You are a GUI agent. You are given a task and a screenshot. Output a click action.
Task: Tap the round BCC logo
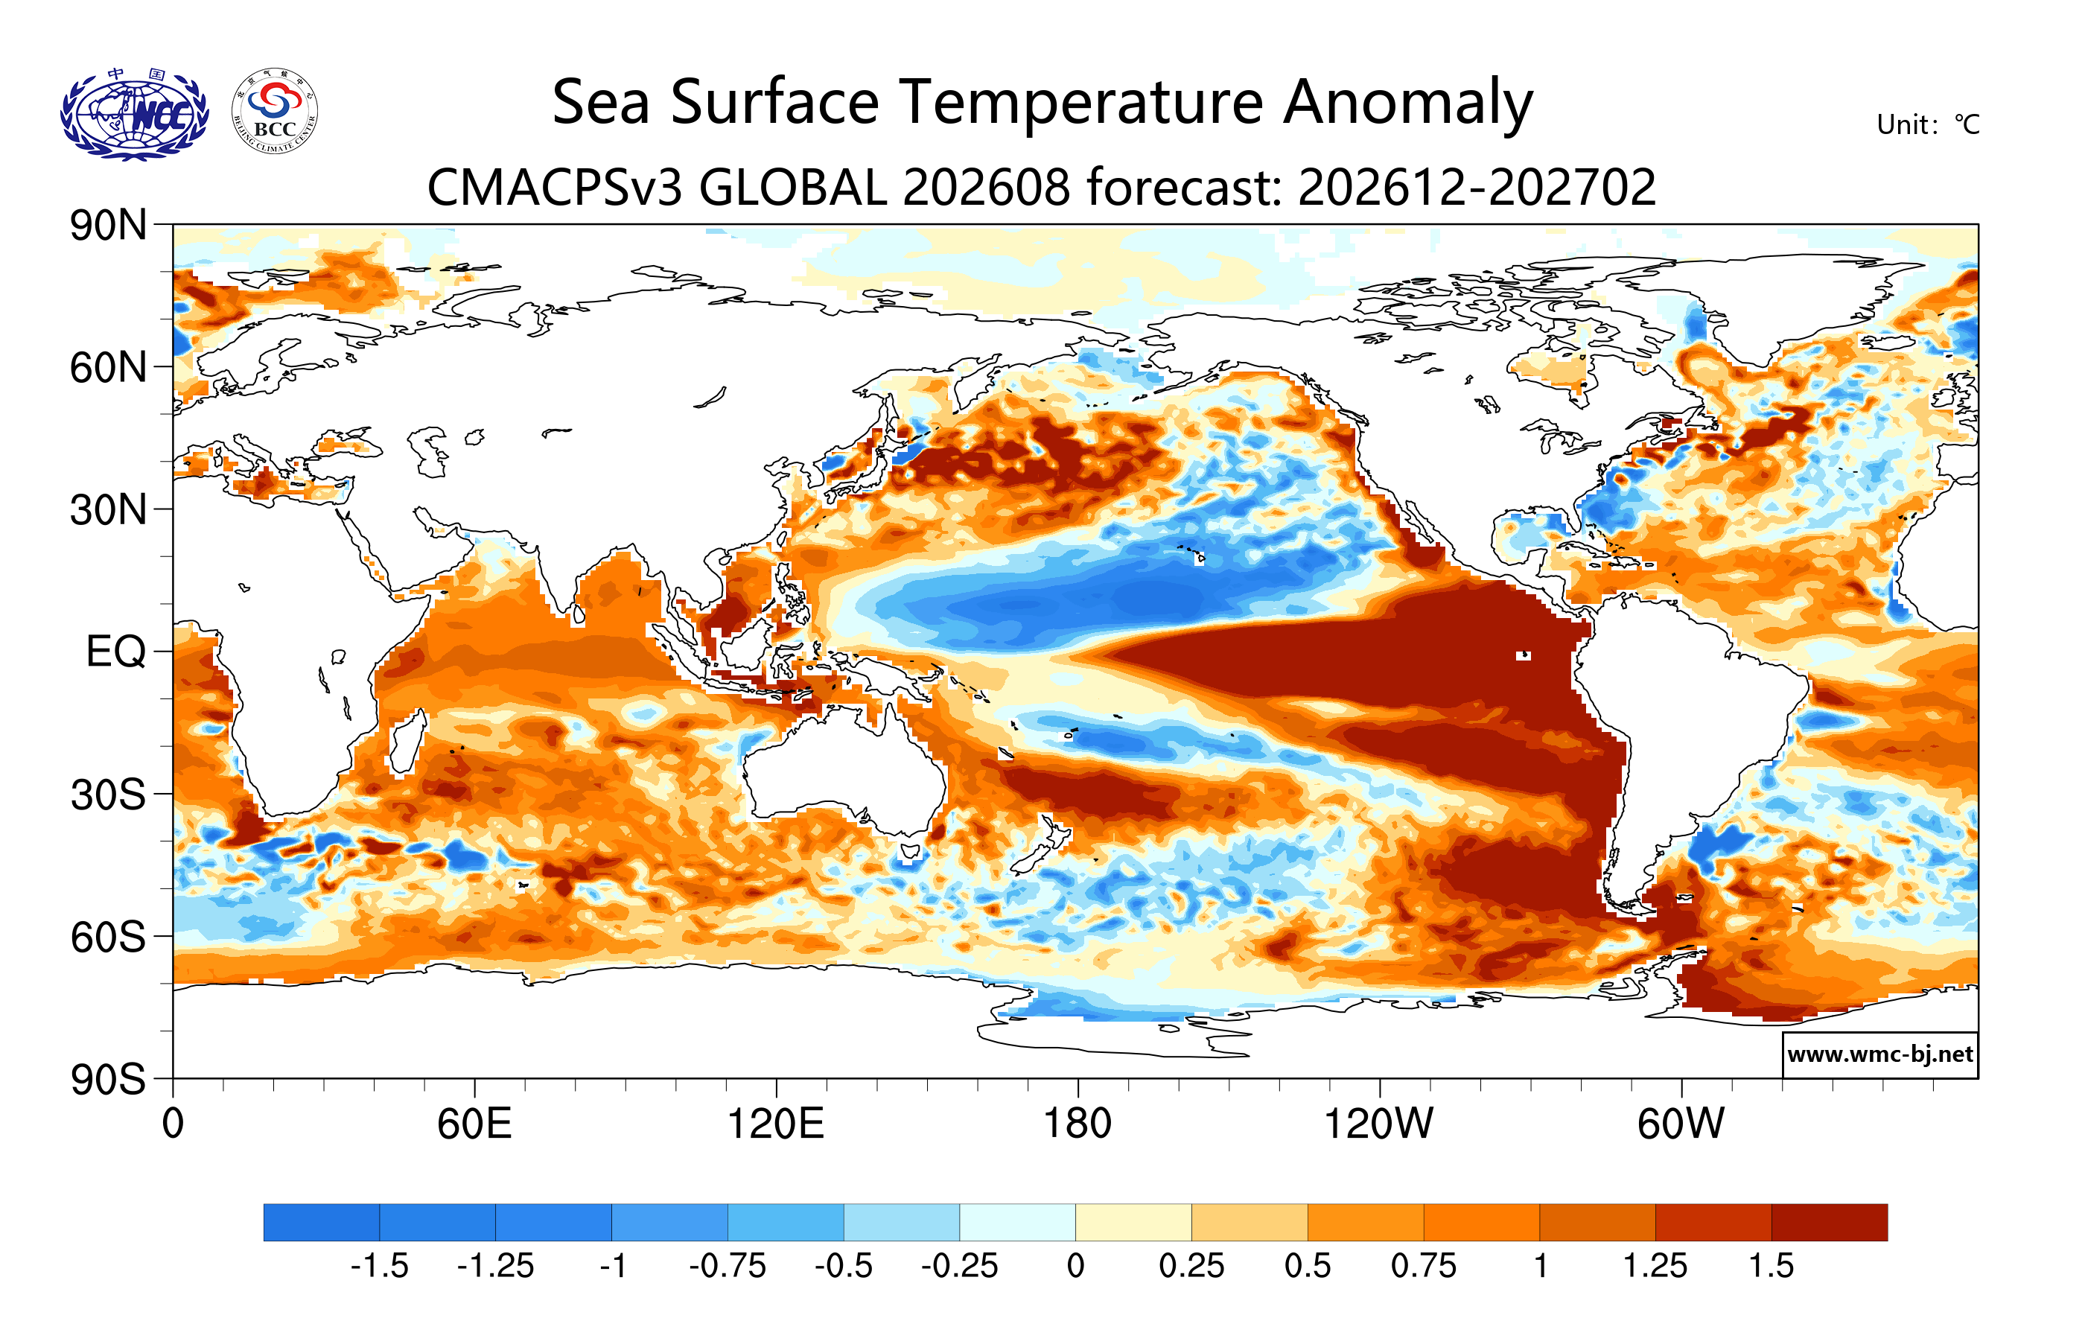coord(275,112)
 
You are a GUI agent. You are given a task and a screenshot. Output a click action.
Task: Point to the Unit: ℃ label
coord(1927,124)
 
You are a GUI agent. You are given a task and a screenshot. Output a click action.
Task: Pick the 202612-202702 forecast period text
coord(1477,187)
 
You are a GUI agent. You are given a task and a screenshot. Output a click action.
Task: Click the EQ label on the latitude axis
coord(116,651)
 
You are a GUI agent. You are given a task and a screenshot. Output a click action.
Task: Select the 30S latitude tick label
coord(108,794)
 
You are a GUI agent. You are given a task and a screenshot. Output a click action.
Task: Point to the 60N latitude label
coord(108,367)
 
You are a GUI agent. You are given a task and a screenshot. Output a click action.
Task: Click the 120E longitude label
coord(775,1124)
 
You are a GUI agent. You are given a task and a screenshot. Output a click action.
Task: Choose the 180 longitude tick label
coord(1077,1124)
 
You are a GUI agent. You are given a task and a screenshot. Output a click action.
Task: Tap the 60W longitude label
coord(1681,1124)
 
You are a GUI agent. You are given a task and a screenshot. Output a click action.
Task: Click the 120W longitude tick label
coord(1378,1124)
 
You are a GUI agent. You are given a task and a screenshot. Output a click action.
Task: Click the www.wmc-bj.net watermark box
coord(1879,1054)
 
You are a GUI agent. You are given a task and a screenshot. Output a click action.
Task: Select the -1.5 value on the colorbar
coord(379,1266)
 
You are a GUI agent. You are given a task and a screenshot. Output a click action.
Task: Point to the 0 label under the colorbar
coord(1075,1266)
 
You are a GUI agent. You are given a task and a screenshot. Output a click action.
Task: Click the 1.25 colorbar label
coord(1655,1266)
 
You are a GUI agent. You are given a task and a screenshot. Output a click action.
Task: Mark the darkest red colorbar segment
coord(1830,1221)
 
